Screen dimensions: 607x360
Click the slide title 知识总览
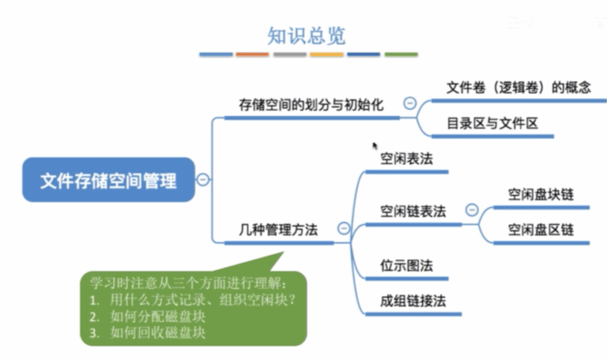(x=306, y=36)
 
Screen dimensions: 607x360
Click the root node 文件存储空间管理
(x=108, y=180)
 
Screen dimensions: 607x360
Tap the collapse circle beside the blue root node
(x=203, y=180)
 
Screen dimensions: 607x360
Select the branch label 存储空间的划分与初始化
(x=311, y=104)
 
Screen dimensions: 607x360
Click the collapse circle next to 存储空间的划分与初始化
(x=410, y=103)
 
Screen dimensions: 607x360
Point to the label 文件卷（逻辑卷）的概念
(x=519, y=87)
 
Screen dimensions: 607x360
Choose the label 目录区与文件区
(x=493, y=123)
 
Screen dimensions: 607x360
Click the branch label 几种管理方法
(x=279, y=230)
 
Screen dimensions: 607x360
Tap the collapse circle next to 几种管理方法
(x=344, y=228)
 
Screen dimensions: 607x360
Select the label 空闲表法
(x=407, y=158)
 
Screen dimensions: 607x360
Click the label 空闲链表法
(x=413, y=211)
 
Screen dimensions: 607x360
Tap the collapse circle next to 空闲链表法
(x=472, y=210)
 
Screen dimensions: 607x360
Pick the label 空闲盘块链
(x=541, y=194)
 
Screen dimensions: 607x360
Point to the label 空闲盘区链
(x=541, y=230)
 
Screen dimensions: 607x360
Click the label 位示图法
(x=407, y=266)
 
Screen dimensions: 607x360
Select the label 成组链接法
(x=413, y=301)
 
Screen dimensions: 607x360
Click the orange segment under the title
(x=253, y=55)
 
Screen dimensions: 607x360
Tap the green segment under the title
(x=401, y=55)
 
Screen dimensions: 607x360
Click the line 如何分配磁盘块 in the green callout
(x=157, y=316)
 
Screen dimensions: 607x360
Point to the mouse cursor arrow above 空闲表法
(x=375, y=146)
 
